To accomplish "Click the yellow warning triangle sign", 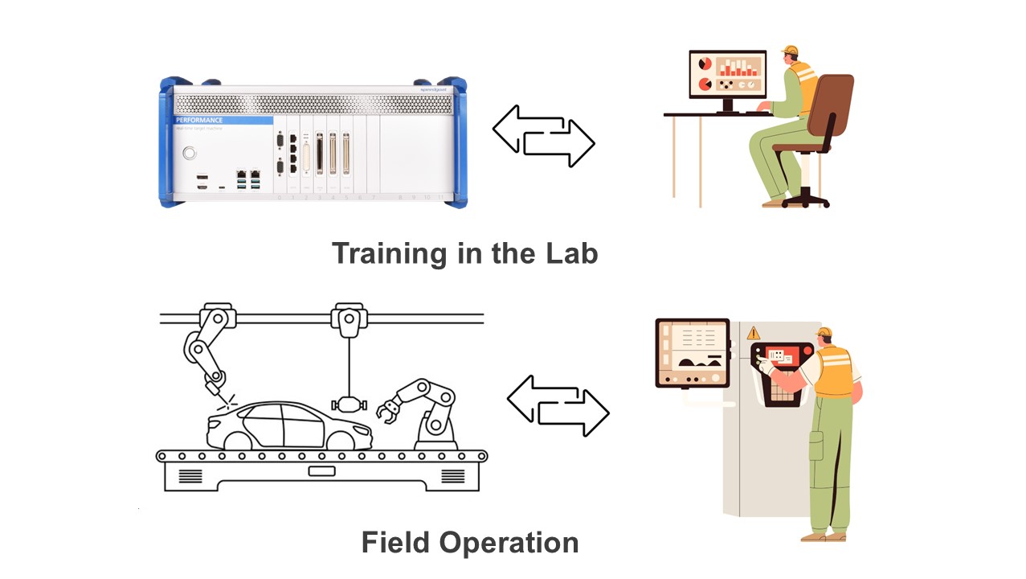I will [x=753, y=332].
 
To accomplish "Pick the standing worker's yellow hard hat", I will [x=824, y=331].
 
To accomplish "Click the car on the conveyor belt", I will [x=289, y=425].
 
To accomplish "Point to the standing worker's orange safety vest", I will [x=836, y=371].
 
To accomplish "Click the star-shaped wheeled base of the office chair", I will [x=804, y=197].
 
